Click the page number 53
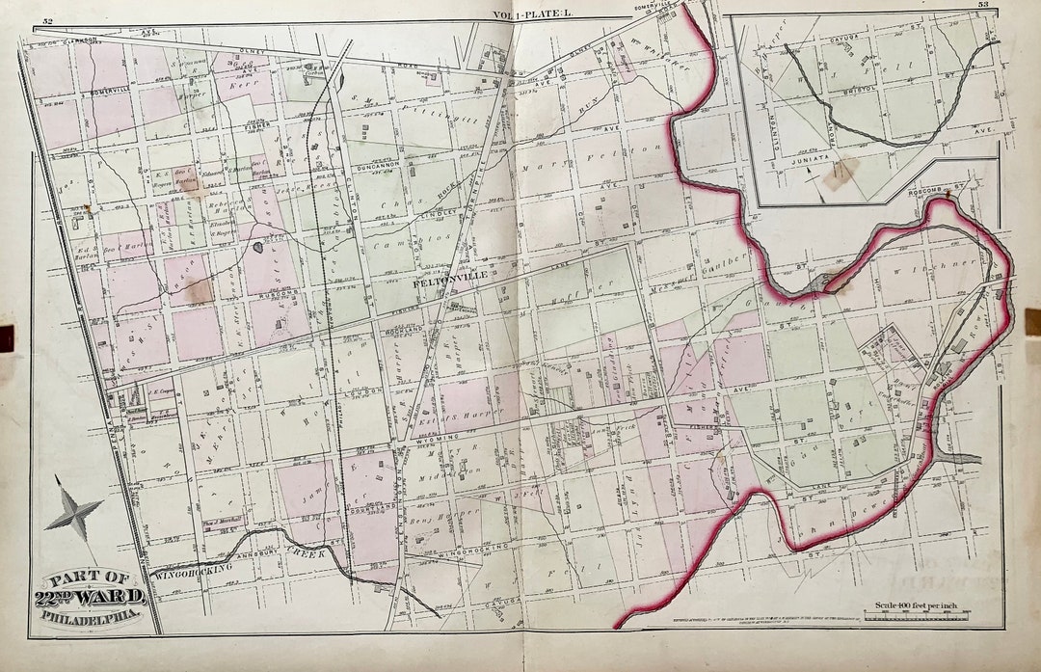(x=983, y=5)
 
